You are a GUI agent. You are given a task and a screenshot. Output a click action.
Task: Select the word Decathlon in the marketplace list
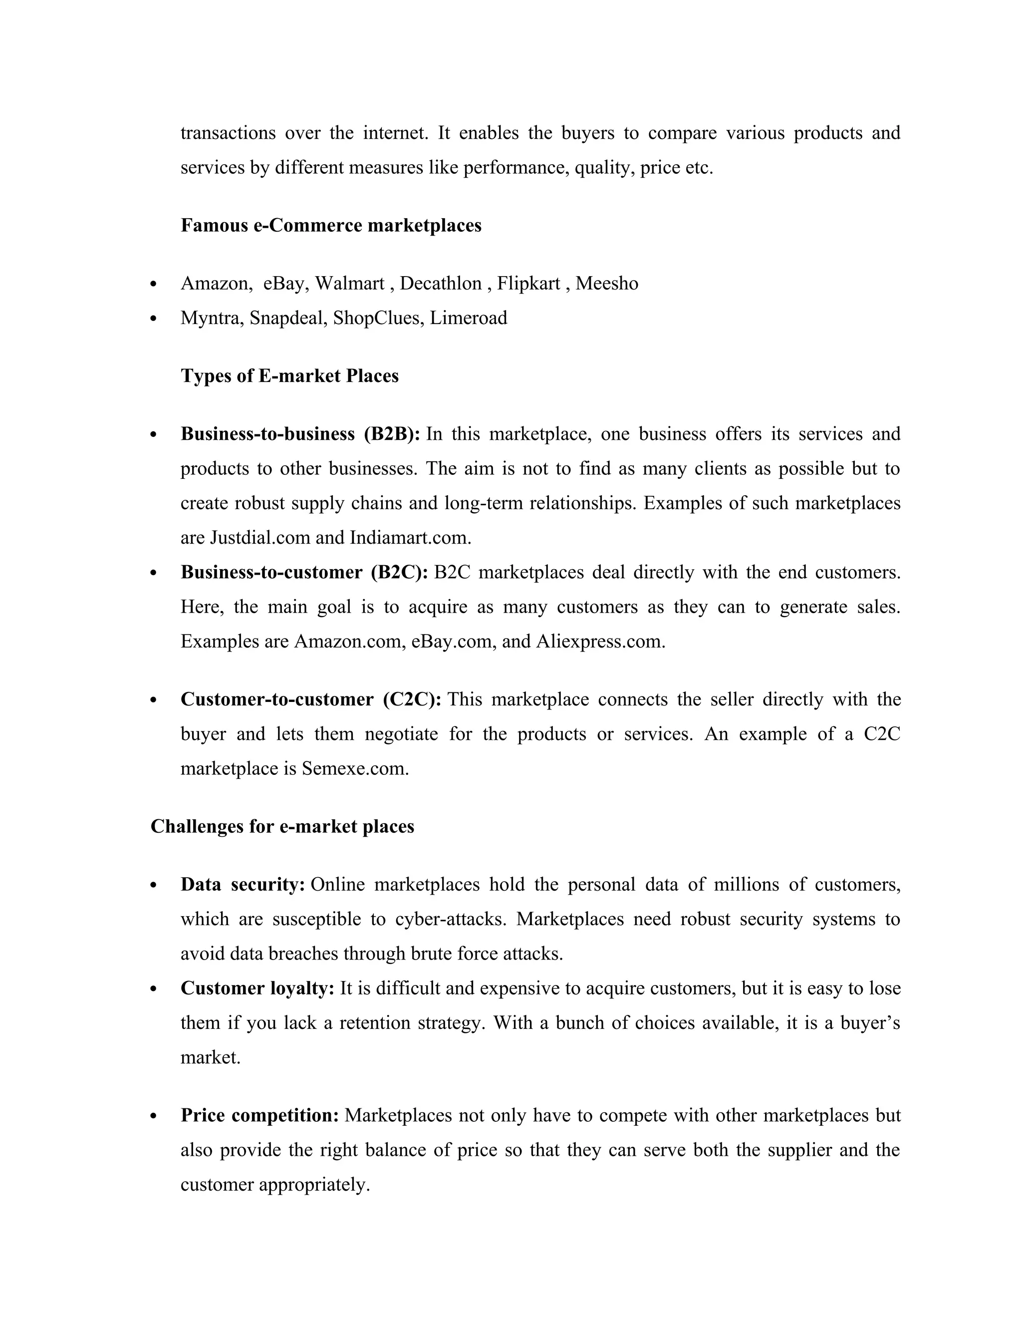pos(440,284)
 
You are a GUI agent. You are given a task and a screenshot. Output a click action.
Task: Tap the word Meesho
pos(607,284)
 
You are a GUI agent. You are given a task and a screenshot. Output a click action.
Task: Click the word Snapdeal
pos(288,318)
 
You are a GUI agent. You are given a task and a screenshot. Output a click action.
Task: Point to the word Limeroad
pos(468,318)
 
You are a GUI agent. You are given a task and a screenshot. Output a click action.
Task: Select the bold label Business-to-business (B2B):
pos(300,434)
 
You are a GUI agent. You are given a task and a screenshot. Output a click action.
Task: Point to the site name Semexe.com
pos(355,768)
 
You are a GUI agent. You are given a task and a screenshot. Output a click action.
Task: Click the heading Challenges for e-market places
pos(282,826)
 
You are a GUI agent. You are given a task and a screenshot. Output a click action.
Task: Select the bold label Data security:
pos(242,885)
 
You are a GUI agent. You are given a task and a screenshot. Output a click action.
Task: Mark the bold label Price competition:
pos(259,1115)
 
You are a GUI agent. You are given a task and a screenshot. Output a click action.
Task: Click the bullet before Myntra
pos(154,319)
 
